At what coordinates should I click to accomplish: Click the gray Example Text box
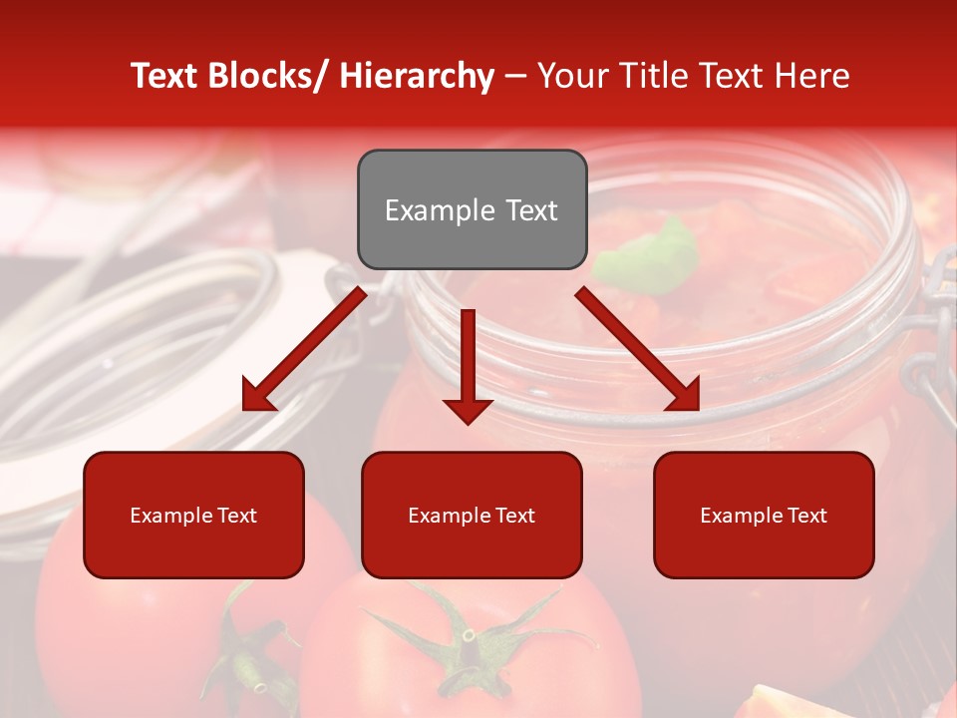[x=472, y=209]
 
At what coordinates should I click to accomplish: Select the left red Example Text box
[x=193, y=515]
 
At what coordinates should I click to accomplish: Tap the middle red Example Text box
[x=472, y=515]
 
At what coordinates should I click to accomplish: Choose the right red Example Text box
[x=764, y=515]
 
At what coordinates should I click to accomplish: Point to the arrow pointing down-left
[x=304, y=349]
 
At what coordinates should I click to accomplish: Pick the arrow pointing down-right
[x=638, y=349]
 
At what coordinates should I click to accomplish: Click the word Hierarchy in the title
[x=417, y=76]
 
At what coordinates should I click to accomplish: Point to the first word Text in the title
[x=164, y=76]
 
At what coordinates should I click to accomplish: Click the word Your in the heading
[x=571, y=76]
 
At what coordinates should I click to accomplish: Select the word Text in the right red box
[x=806, y=515]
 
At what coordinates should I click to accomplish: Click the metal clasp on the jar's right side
[x=933, y=349]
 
